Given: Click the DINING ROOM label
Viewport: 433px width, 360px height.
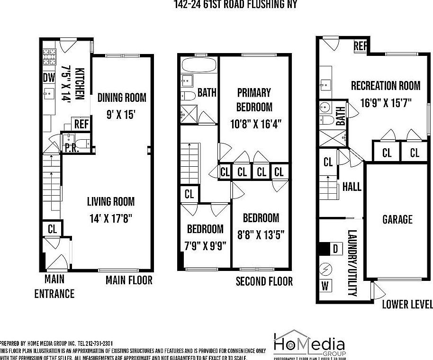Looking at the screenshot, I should click(x=122, y=98).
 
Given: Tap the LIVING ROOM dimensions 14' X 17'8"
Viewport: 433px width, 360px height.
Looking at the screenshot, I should click(x=110, y=218).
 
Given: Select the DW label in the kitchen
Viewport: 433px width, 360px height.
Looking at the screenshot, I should click(x=49, y=78).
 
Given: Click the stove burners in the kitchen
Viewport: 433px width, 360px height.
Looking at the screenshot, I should click(x=49, y=58).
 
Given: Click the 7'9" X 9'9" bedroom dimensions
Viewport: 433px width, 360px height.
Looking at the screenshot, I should click(x=205, y=246).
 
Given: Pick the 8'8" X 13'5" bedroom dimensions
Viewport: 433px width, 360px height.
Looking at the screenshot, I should click(x=261, y=234).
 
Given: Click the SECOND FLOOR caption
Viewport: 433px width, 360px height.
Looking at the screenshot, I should click(x=264, y=281).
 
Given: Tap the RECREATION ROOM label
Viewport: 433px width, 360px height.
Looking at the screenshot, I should click(x=385, y=86).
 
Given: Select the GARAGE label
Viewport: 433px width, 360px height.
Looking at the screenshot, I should click(x=397, y=219).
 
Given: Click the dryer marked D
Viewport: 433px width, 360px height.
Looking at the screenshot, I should click(x=335, y=249).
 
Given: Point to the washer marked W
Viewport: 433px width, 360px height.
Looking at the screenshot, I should click(x=325, y=286).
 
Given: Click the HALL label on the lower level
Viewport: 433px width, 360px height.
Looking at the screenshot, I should click(x=352, y=186).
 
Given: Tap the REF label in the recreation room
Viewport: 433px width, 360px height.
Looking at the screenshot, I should click(x=361, y=46).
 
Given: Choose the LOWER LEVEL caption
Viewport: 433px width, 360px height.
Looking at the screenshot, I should click(x=407, y=304).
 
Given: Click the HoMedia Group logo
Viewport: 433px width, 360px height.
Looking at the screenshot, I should click(x=309, y=344).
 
